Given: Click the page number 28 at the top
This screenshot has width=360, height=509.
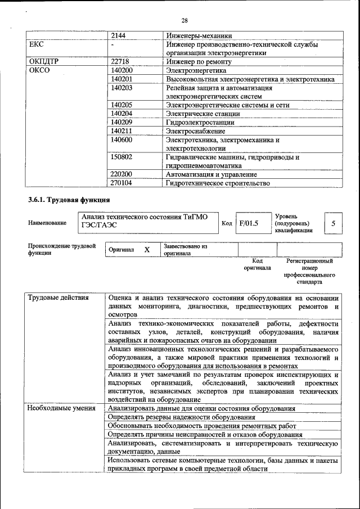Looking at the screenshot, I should coord(184,21).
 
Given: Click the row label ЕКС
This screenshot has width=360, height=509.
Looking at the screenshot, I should coord(36,44).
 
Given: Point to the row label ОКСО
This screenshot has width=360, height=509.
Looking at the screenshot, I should coord(39,71).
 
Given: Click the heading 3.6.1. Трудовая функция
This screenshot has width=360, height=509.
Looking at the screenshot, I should coord(69,200).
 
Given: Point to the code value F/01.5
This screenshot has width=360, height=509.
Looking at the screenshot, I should coord(248,223).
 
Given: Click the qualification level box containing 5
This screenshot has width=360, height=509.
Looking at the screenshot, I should coord(333,223).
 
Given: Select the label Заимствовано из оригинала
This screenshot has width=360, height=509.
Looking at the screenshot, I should coord(186,250).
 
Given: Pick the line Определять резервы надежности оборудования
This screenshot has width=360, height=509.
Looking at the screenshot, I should coord(182,417).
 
